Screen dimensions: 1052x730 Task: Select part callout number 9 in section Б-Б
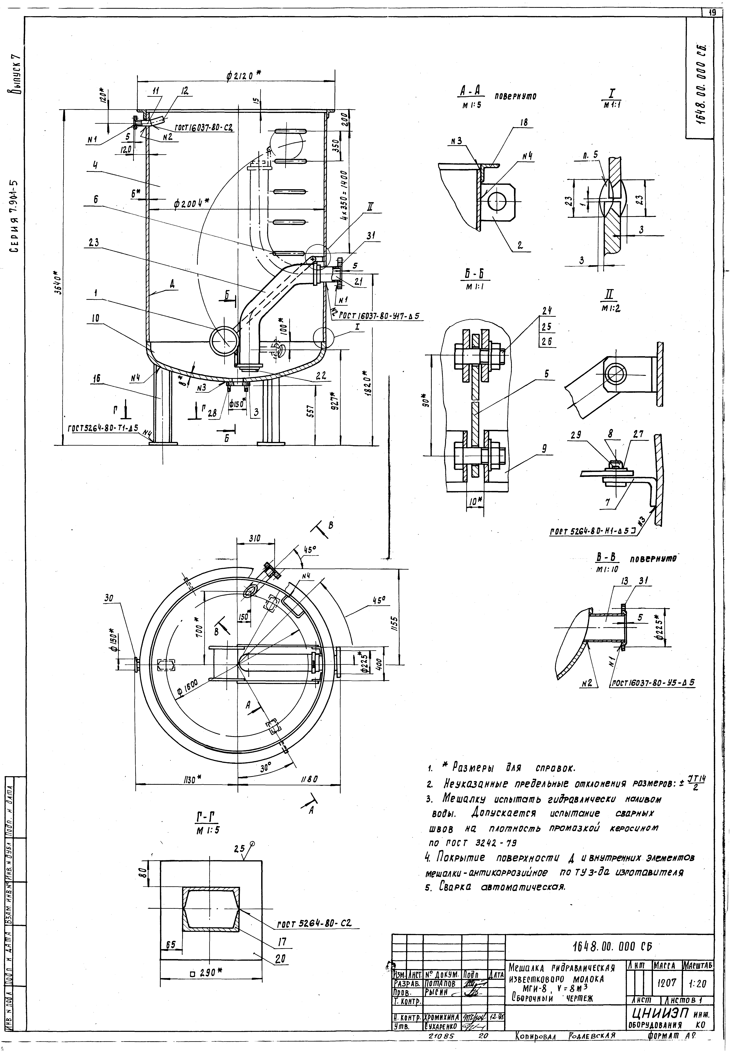544,449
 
